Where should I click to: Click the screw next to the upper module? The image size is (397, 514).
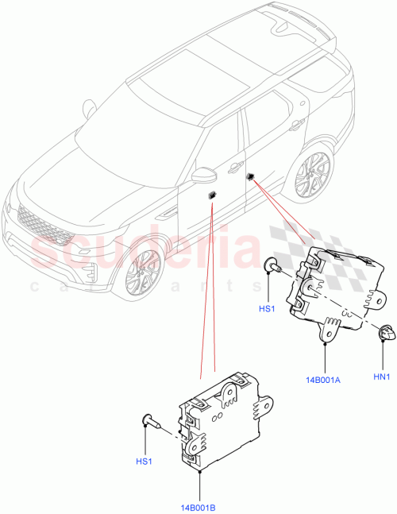click(272, 269)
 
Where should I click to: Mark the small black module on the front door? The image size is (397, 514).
click(212, 194)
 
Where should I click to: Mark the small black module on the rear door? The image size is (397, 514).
click(250, 176)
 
